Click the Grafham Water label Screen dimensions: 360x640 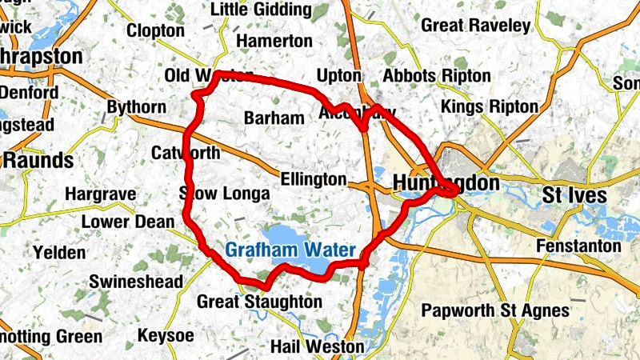290,250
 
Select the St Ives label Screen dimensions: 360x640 574,195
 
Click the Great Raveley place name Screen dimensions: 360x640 475,26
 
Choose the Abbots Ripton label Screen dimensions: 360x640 437,76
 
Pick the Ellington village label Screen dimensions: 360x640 314,180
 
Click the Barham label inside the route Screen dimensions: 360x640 274,118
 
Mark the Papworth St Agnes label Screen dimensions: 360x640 495,310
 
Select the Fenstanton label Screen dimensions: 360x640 578,246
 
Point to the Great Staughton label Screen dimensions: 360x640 259,302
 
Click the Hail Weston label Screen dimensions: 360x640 317,347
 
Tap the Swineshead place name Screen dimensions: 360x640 135,282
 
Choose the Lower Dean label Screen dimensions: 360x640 128,222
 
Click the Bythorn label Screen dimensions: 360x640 137,107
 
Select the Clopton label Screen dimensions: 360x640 155,30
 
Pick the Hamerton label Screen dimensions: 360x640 274,41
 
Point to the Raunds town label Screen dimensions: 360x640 39,160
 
